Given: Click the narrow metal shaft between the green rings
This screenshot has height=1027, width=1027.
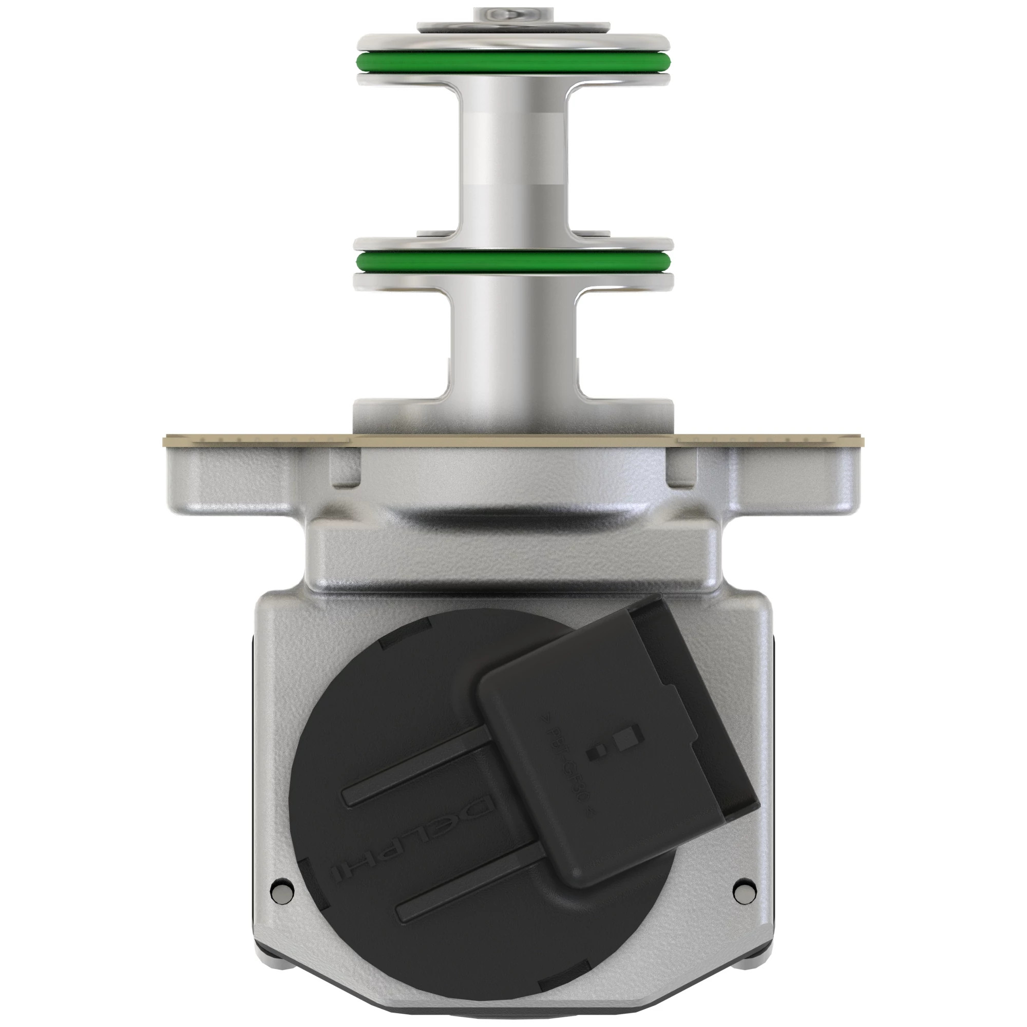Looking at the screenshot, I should coord(513,160).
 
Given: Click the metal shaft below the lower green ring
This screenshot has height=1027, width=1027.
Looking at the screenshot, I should coord(513,346).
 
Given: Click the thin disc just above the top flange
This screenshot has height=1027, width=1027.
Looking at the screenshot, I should coord(513,27).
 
